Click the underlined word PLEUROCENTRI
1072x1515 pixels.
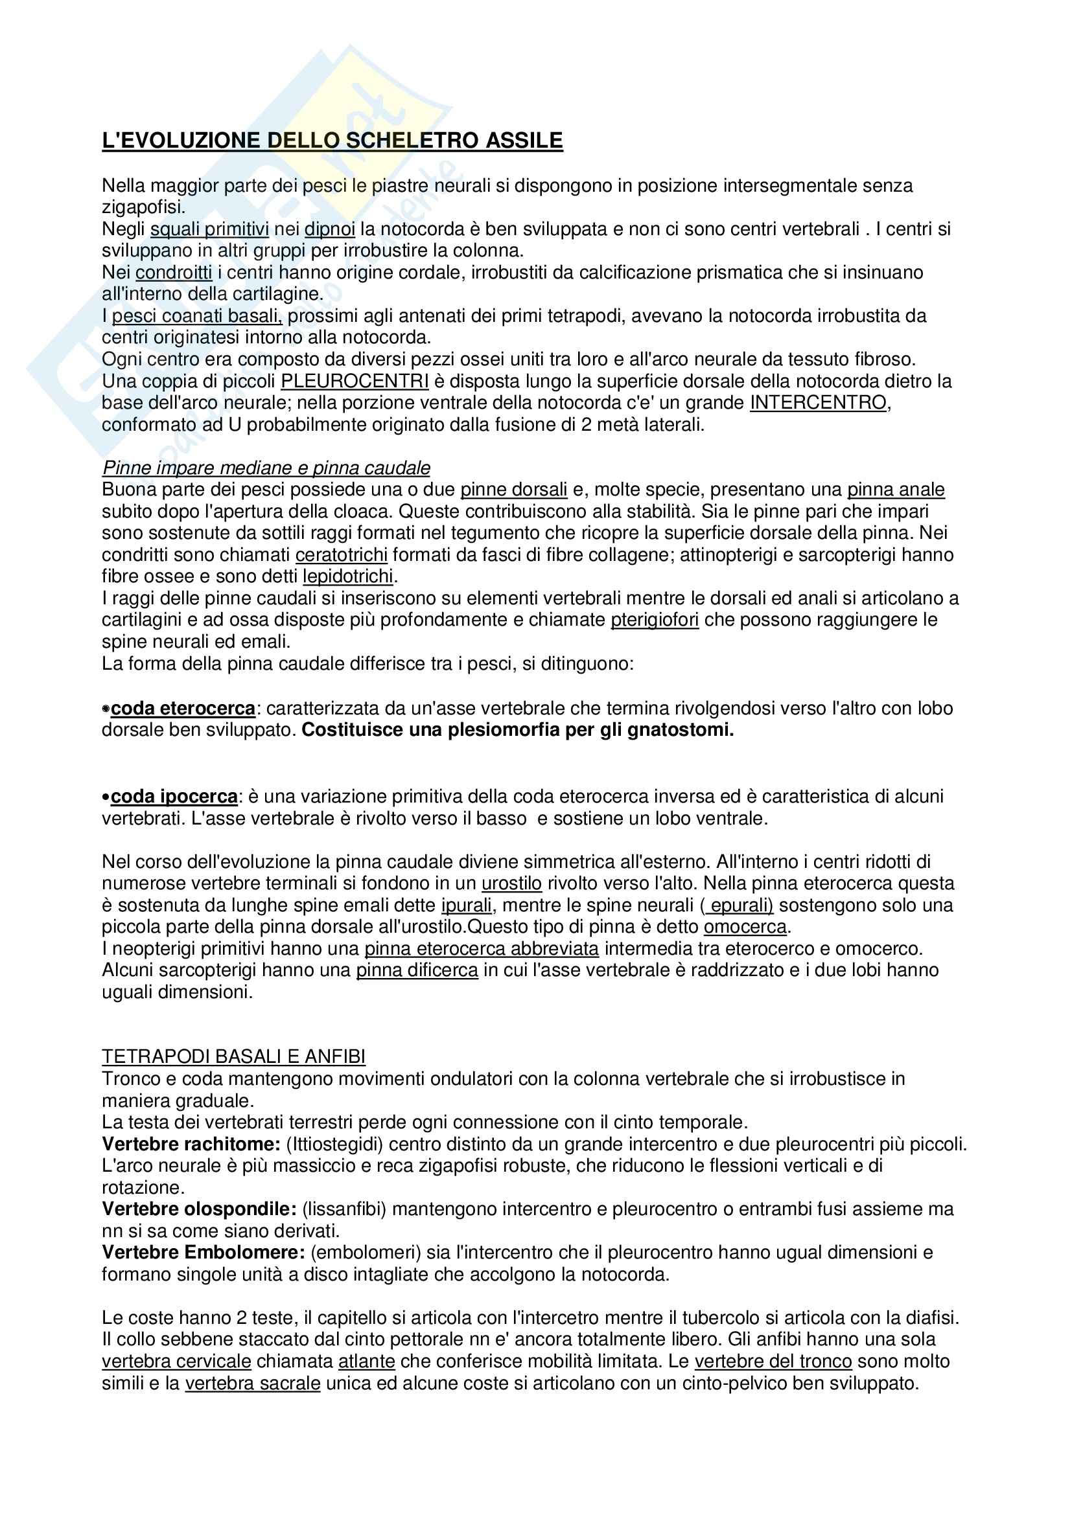point(355,382)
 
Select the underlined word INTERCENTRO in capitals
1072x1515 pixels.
point(818,402)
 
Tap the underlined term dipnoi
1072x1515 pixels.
point(329,229)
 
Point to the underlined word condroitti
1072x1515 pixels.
point(174,273)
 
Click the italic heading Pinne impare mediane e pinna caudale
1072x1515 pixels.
point(266,468)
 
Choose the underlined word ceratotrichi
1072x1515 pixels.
point(341,555)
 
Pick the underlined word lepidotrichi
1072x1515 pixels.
point(348,576)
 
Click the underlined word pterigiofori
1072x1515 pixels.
point(654,620)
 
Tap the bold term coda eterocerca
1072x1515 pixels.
point(183,708)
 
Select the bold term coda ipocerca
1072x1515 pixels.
point(174,797)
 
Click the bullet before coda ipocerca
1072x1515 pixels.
point(106,797)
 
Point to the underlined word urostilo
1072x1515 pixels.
point(511,883)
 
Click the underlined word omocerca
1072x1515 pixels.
point(745,926)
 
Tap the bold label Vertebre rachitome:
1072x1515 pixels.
point(191,1143)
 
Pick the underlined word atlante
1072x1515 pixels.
point(366,1361)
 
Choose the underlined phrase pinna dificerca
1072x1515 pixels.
point(417,970)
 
